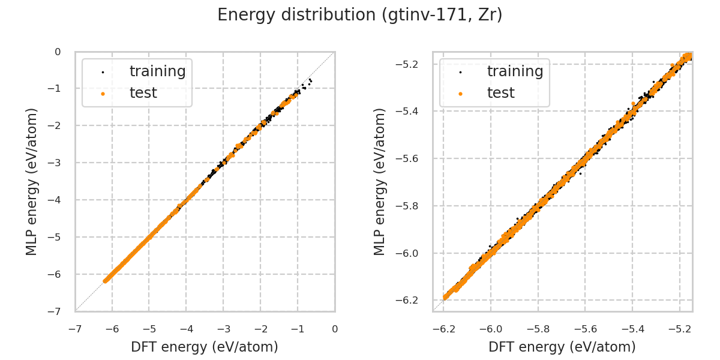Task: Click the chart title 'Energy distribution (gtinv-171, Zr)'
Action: click(x=359, y=15)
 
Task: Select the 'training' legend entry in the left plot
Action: click(x=157, y=71)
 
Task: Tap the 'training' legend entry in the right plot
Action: click(x=515, y=71)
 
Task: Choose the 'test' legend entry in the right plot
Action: click(x=500, y=93)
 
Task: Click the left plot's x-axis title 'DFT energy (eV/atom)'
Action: click(x=205, y=347)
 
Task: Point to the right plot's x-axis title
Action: click(x=562, y=347)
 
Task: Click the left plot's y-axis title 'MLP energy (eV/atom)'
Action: click(x=32, y=181)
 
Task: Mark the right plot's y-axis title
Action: click(x=380, y=181)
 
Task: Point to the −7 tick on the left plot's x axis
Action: click(x=75, y=329)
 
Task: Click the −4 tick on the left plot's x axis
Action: click(x=186, y=329)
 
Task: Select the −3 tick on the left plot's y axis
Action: click(x=57, y=163)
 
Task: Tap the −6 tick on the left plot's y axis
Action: click(x=57, y=274)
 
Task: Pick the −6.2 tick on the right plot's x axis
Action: click(x=443, y=329)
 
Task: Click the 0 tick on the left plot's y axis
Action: click(x=58, y=52)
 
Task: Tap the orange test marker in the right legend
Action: click(x=460, y=94)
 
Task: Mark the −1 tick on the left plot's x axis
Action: click(x=298, y=329)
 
